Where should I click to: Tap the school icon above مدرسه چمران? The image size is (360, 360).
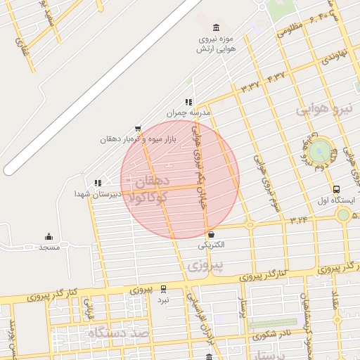pyautogui.click(x=188, y=103)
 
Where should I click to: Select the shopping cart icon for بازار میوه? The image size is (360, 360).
pyautogui.click(x=137, y=129)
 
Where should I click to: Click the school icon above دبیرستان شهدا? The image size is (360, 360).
pyautogui.click(x=98, y=183)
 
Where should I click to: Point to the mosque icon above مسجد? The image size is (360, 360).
pyautogui.click(x=48, y=237)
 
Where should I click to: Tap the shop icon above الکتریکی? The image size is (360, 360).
pyautogui.click(x=211, y=234)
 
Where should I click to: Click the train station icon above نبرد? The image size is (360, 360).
pyautogui.click(x=163, y=288)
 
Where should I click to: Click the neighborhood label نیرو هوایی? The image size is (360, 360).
pyautogui.click(x=319, y=110)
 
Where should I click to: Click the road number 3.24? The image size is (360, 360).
pyautogui.click(x=298, y=220)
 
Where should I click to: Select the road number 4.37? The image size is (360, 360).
pyautogui.click(x=275, y=76)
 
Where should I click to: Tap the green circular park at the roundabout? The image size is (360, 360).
pyautogui.click(x=320, y=149)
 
